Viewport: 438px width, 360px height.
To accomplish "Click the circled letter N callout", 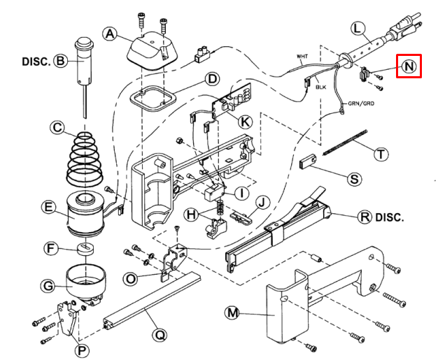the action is pos(409,66).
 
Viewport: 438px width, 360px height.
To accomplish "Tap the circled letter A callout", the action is pos(110,34).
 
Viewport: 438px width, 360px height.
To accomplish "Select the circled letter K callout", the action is pos(245,122).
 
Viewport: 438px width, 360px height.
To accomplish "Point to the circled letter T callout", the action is pos(381,154).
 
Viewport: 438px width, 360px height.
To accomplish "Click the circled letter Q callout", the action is pos(160,335).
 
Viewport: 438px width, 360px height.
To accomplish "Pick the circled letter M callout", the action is pos(232,313).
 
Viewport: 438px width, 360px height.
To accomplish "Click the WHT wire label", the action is pos(302,57).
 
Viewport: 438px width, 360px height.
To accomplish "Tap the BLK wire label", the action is pos(321,87).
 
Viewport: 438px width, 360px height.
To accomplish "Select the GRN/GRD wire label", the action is pos(361,103).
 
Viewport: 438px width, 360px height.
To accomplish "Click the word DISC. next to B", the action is pos(36,62).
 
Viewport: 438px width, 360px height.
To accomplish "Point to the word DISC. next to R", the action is pos(390,217).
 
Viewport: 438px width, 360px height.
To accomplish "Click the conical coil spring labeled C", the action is pos(85,159).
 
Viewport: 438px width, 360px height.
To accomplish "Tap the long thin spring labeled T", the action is pos(345,143).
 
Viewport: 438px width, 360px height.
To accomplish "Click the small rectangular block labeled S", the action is pos(308,162).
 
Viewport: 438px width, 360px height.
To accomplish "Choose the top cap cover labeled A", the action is pos(153,50).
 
